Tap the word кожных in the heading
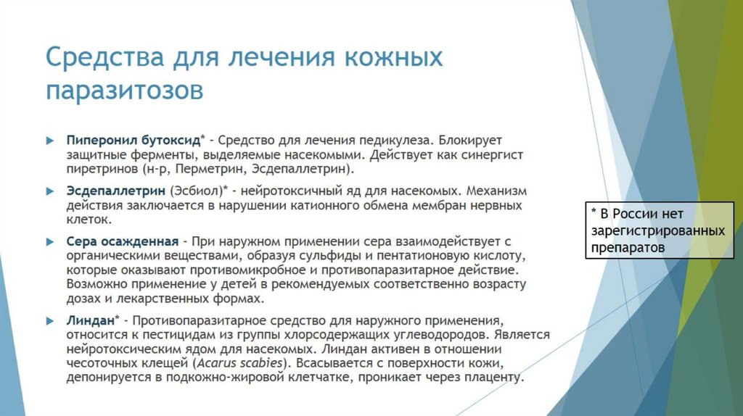[x=385, y=57]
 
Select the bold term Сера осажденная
[x=123, y=241]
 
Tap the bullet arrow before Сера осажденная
[x=50, y=241]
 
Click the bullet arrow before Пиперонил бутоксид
[x=50, y=138]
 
